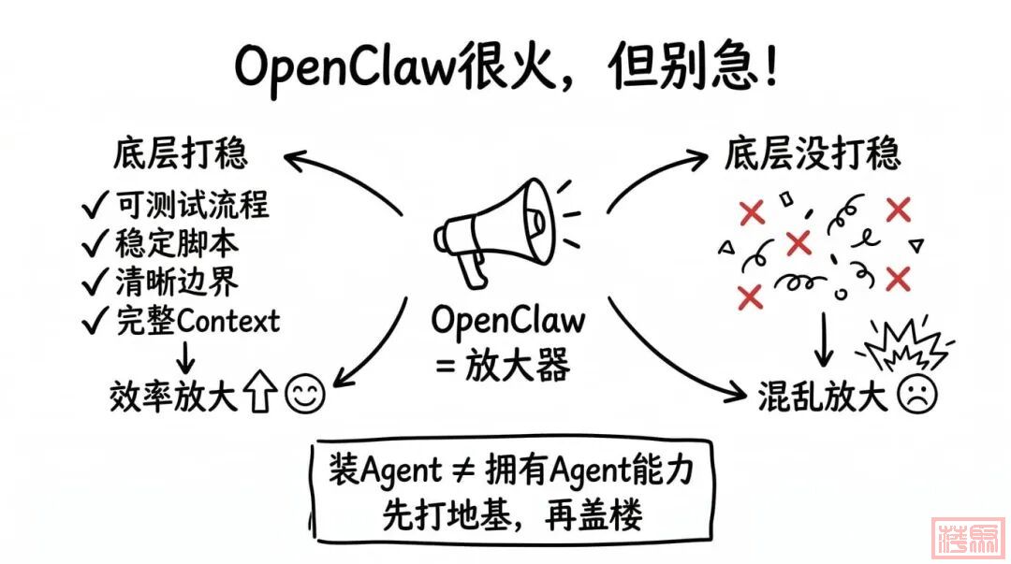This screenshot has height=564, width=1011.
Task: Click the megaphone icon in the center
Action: click(x=497, y=228)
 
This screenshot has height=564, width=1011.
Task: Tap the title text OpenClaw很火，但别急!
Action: click(x=505, y=67)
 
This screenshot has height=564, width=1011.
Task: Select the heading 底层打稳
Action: click(x=182, y=152)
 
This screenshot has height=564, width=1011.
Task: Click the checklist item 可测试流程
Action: click(x=193, y=204)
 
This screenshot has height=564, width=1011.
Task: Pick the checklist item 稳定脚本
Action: click(x=178, y=243)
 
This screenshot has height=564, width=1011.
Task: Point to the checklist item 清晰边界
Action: click(x=178, y=282)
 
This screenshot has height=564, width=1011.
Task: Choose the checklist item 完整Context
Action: click(x=198, y=321)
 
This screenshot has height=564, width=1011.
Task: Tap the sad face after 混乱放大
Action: click(x=917, y=396)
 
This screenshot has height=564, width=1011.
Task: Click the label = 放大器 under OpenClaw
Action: click(x=503, y=366)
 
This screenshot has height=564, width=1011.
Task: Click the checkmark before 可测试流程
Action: click(x=95, y=205)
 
